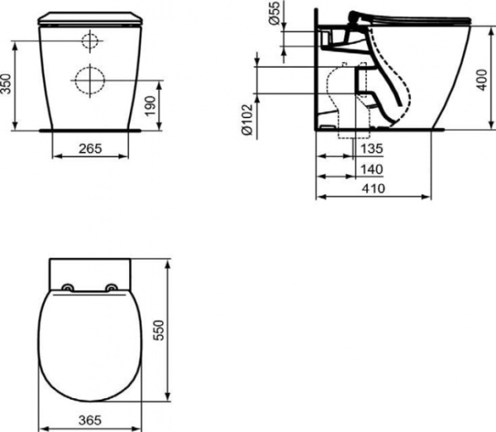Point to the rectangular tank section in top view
(89, 271)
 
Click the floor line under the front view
(89, 130)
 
